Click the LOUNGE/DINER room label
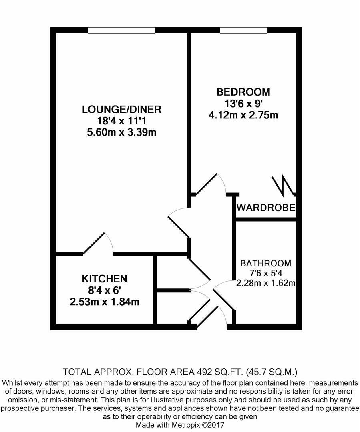pyautogui.click(x=121, y=109)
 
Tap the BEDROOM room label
pyautogui.click(x=243, y=92)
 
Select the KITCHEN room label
pyautogui.click(x=105, y=278)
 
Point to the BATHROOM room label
pyautogui.click(x=265, y=263)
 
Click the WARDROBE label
pyautogui.click(x=266, y=208)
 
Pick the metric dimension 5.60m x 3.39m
pyautogui.click(x=121, y=132)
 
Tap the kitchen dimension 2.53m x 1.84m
pyautogui.click(x=105, y=302)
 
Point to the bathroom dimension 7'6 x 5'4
pyautogui.click(x=265, y=274)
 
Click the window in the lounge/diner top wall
pyautogui.click(x=121, y=30)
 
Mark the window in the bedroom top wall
pyautogui.click(x=243, y=30)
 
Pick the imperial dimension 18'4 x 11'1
pyautogui.click(x=121, y=120)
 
